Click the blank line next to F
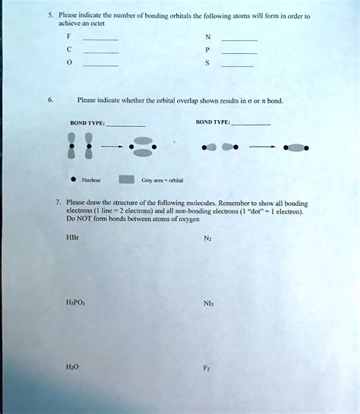pos(100,38)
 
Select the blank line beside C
pos(100,53)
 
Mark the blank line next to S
pos(237,68)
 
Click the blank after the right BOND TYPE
pos(250,123)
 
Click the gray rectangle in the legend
pos(127,180)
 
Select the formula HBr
pos(73,237)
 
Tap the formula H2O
pos(73,365)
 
